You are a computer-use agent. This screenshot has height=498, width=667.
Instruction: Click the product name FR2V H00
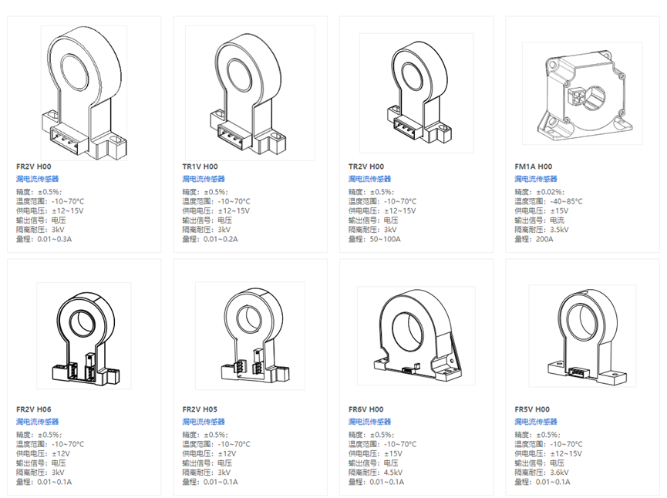point(33,167)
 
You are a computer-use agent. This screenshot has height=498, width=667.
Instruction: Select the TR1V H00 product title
point(200,167)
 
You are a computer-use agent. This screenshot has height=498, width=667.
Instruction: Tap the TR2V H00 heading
point(366,167)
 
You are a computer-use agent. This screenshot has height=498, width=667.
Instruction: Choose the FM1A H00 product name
point(533,167)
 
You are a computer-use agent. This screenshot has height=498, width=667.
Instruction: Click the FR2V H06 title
point(33,409)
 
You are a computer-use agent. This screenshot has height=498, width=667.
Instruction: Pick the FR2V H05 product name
point(200,409)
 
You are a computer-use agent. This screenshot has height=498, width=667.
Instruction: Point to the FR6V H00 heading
point(366,409)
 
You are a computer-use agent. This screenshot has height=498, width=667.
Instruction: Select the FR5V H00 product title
point(532,409)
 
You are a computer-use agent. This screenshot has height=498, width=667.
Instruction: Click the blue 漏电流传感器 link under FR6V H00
point(369,422)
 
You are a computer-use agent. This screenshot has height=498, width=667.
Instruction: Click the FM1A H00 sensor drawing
point(582,93)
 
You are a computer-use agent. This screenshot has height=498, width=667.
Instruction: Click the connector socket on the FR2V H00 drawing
point(67,136)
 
